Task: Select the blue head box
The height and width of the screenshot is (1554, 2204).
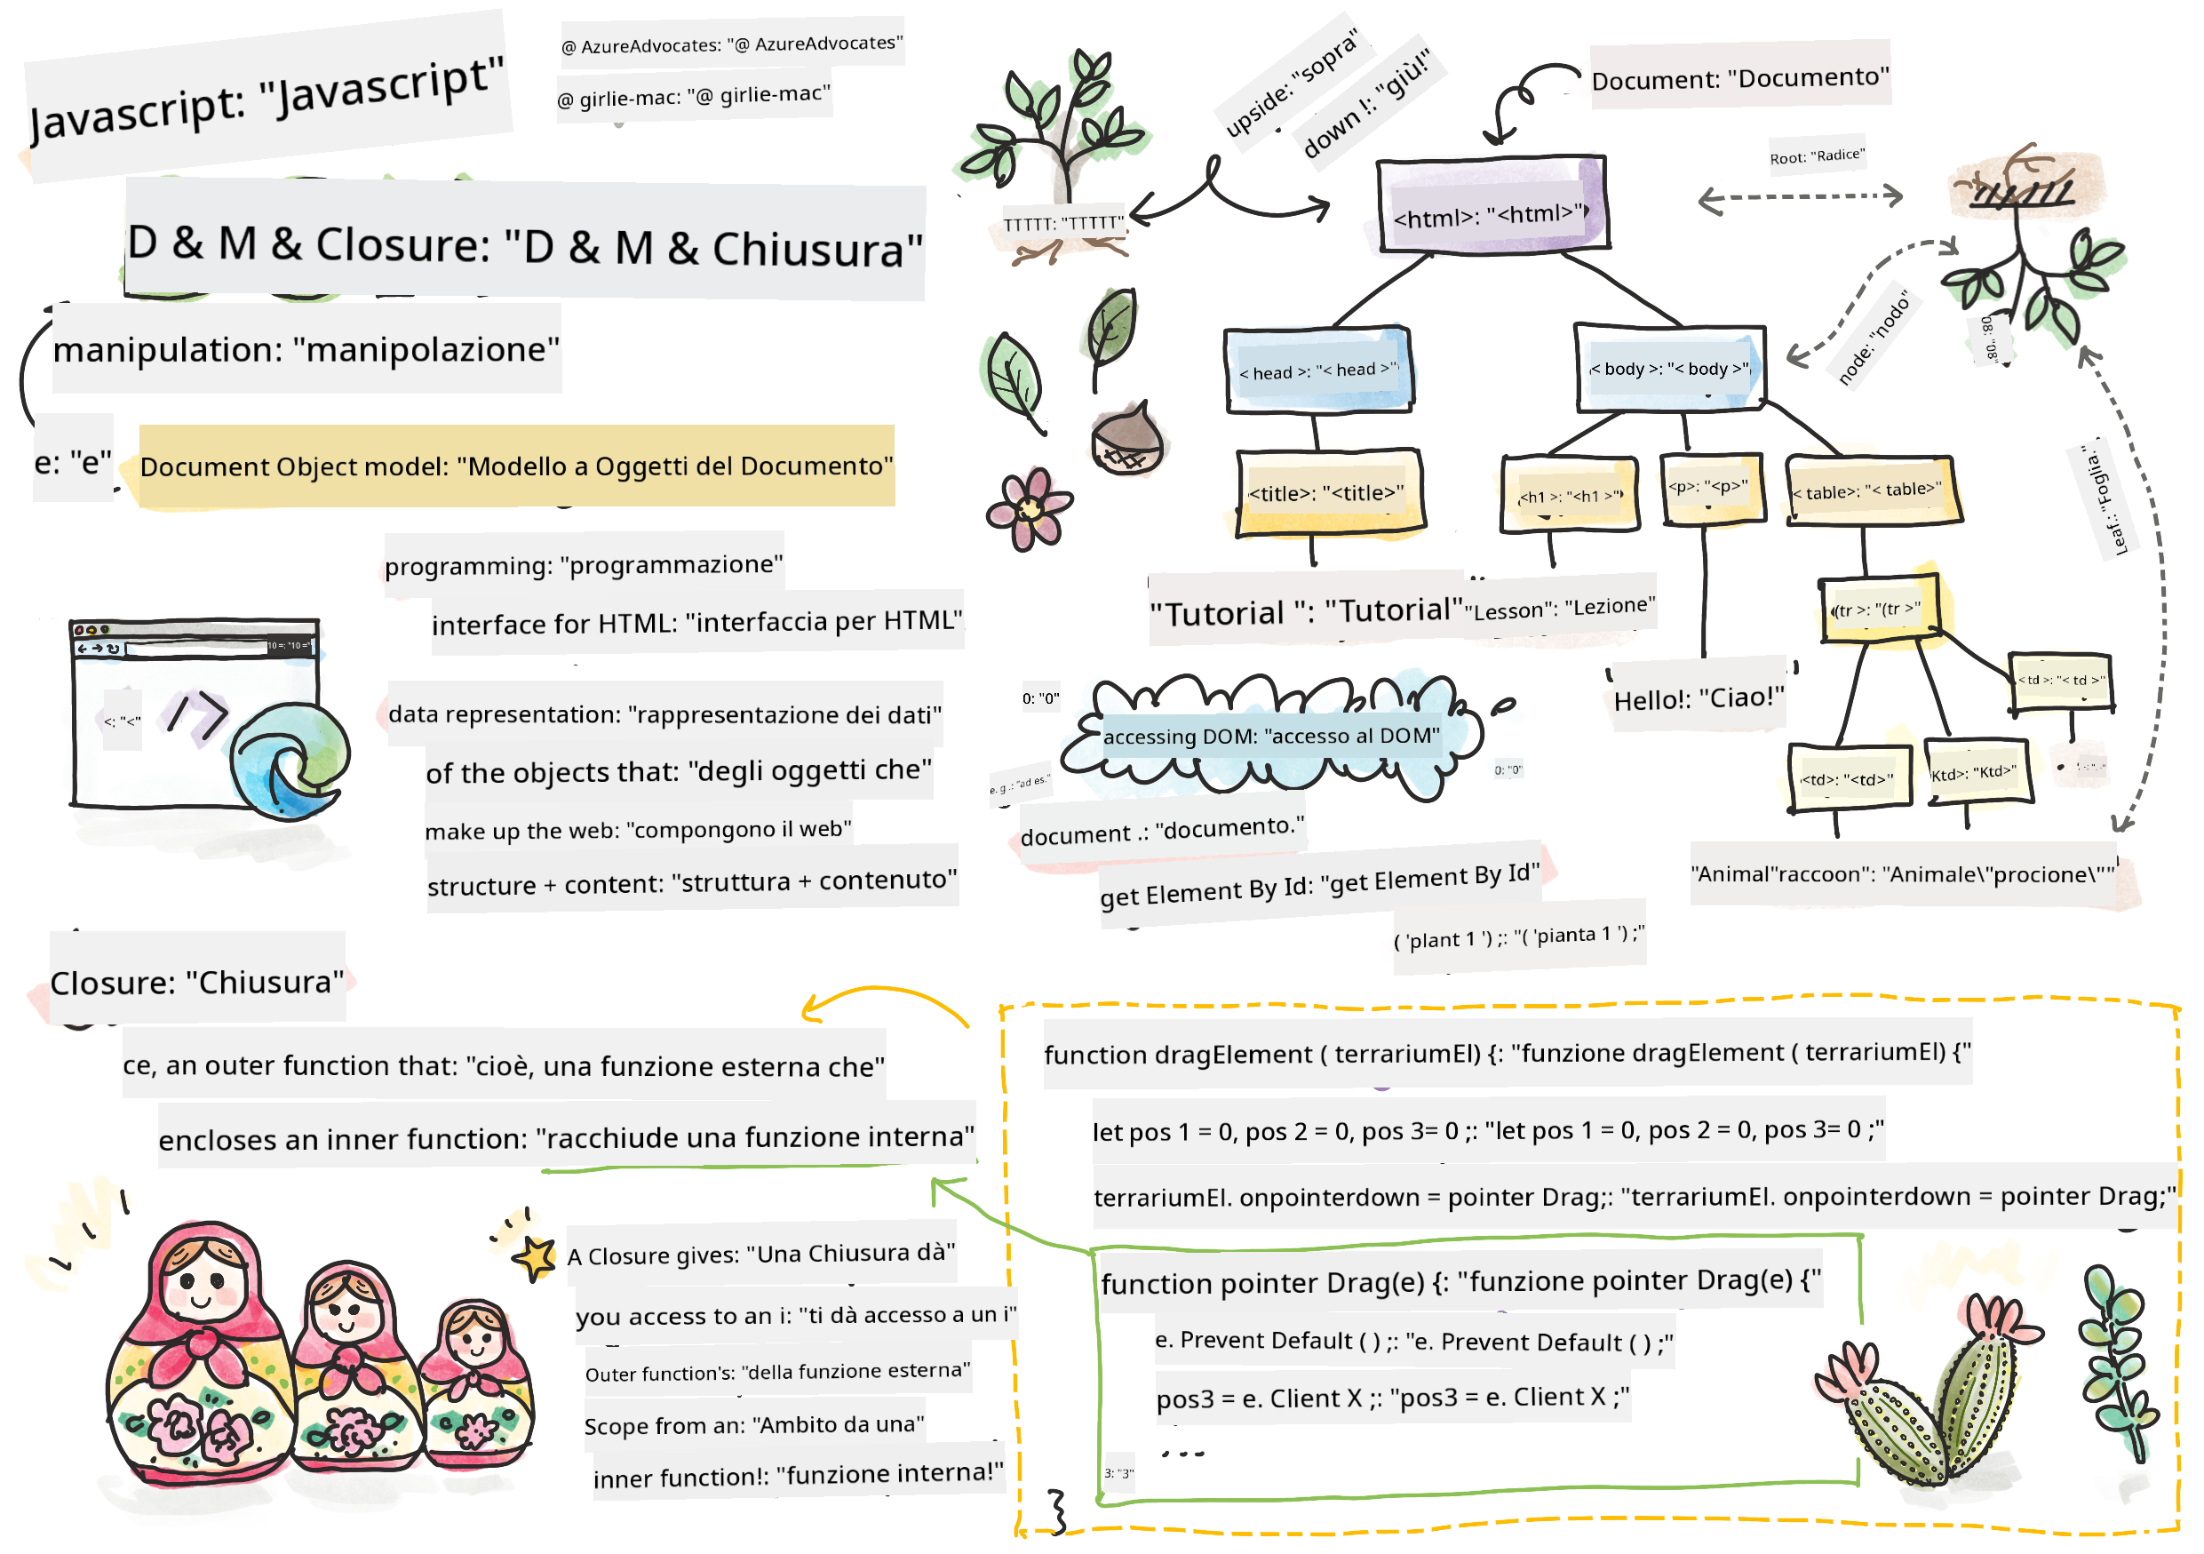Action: (x=1317, y=371)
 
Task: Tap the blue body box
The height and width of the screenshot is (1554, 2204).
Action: (x=1669, y=369)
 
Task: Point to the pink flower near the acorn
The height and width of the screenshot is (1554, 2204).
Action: (x=1029, y=509)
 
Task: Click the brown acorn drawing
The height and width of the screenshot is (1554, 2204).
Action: (x=1126, y=440)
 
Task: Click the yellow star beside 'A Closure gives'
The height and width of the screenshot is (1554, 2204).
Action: (x=535, y=1256)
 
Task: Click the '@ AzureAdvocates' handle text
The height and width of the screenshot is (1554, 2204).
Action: (x=731, y=44)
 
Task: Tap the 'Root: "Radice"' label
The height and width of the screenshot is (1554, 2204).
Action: (x=1816, y=155)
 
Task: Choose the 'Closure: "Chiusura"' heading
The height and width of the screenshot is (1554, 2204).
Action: (x=197, y=982)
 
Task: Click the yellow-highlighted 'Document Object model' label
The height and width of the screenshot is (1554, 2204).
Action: (x=516, y=466)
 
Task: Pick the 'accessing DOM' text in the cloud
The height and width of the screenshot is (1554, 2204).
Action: (x=1270, y=737)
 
